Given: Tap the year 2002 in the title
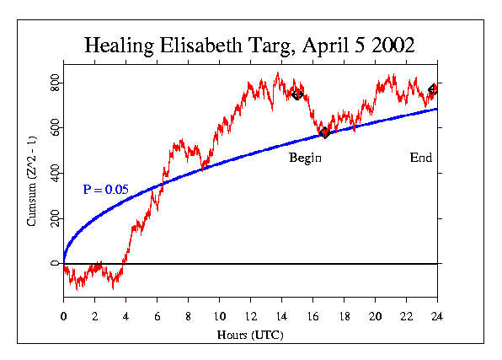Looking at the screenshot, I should (390, 46).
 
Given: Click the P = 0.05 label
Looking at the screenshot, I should (105, 191).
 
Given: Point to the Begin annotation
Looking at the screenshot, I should (306, 158).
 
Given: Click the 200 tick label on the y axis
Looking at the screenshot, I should (54, 219).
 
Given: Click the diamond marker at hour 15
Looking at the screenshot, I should (296, 94).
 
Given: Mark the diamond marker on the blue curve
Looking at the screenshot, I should (324, 132).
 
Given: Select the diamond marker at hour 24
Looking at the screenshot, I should (433, 89).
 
